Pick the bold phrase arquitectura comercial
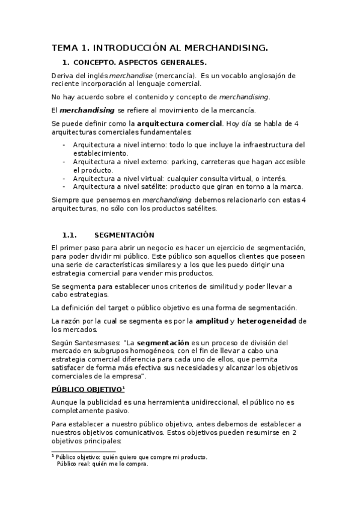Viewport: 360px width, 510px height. (180, 124)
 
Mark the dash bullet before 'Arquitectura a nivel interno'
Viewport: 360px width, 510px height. (64, 145)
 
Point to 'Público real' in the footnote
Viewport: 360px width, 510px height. (72, 464)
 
